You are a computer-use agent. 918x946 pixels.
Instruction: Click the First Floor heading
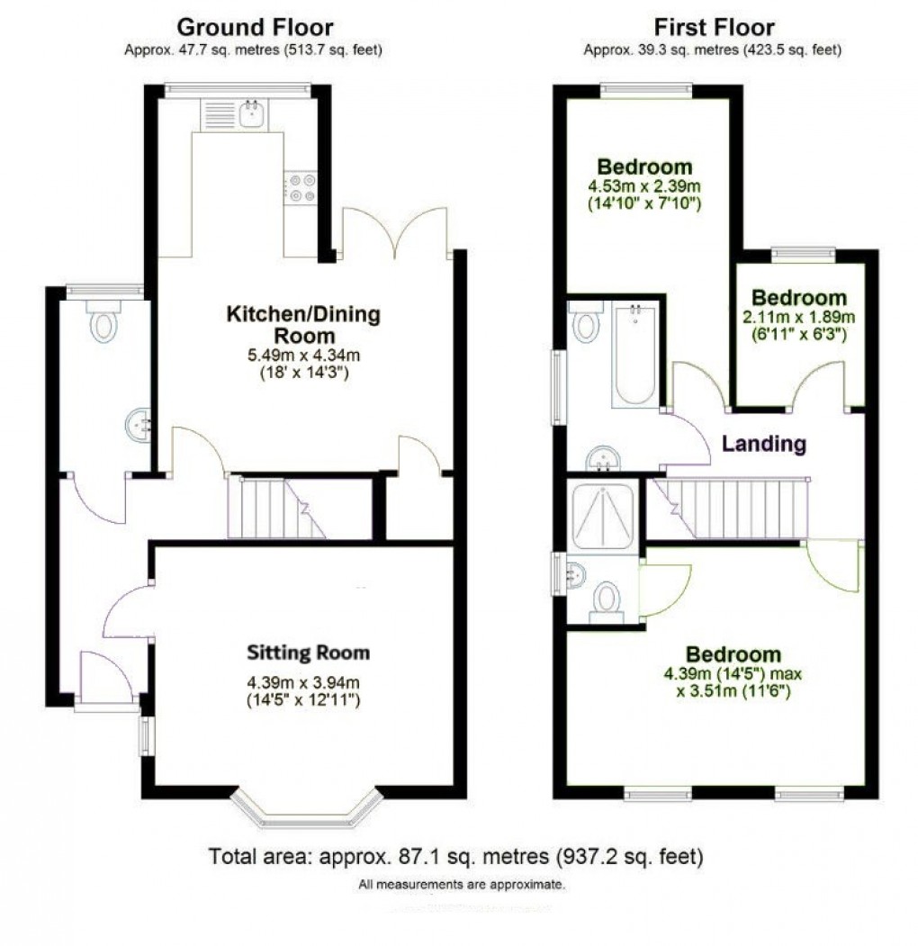click(x=713, y=27)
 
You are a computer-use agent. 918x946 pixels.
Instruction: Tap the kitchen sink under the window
click(x=250, y=114)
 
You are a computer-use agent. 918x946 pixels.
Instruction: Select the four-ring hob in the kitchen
click(x=301, y=186)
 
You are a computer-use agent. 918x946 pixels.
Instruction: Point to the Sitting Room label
click(x=309, y=653)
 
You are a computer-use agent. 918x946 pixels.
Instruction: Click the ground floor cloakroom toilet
click(x=104, y=321)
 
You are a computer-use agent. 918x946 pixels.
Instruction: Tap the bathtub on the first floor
click(x=636, y=355)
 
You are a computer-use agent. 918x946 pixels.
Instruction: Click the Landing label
click(x=764, y=444)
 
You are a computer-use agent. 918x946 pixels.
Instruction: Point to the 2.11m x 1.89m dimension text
click(x=799, y=318)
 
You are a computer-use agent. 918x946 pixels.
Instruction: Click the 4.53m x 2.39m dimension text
click(x=644, y=186)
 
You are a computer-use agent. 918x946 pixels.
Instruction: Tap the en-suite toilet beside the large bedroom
click(x=607, y=600)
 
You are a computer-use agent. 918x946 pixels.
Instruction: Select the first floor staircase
click(x=733, y=509)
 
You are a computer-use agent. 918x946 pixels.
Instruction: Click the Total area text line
click(x=455, y=856)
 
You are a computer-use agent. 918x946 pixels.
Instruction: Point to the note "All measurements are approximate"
click(x=462, y=885)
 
